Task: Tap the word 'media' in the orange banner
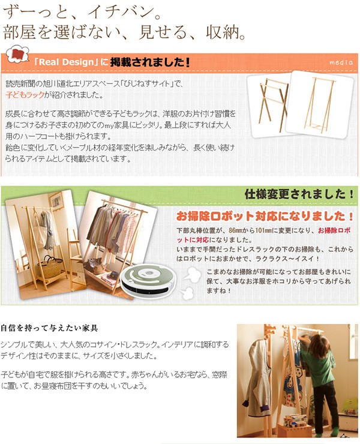341,62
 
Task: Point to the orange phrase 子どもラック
25,95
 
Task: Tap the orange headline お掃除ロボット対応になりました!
265,217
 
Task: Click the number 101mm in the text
263,230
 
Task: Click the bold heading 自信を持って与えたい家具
49,328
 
